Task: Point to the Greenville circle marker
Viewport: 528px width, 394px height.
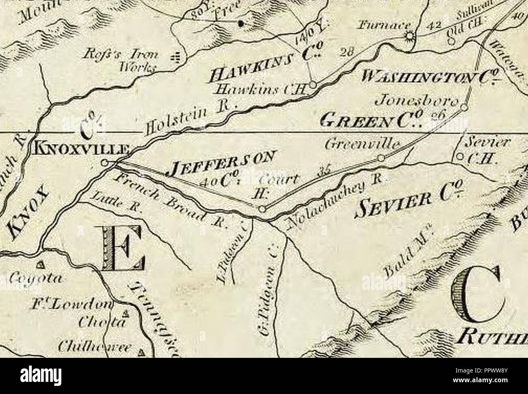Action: tap(381, 158)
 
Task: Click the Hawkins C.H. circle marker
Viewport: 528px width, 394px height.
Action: tap(313, 85)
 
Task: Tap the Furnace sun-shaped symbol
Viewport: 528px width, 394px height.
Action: tap(409, 37)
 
